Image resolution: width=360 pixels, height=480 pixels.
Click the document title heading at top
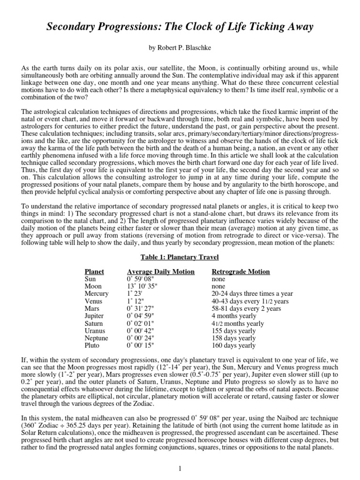pyautogui.click(x=180, y=28)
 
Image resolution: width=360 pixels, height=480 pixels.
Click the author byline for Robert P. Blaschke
pyautogui.click(x=180, y=49)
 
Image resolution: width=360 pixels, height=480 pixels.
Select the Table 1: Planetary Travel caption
pyautogui.click(x=180, y=257)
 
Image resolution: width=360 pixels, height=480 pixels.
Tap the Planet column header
pyautogui.click(x=94, y=272)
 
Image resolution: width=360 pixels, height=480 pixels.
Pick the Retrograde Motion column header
pyautogui.click(x=241, y=272)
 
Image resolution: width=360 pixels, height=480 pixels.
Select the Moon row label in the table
pyautogui.click(x=93, y=286)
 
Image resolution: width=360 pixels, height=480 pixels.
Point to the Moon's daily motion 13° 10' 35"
pyautogui.click(x=143, y=286)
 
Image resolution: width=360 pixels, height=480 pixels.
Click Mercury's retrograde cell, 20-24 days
pyautogui.click(x=250, y=294)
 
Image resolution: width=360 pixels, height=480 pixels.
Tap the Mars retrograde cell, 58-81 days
pyautogui.click(x=247, y=308)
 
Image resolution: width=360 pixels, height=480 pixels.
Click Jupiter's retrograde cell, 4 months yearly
pyautogui.click(x=234, y=316)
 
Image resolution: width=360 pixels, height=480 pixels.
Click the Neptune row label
pyautogui.click(x=97, y=338)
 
